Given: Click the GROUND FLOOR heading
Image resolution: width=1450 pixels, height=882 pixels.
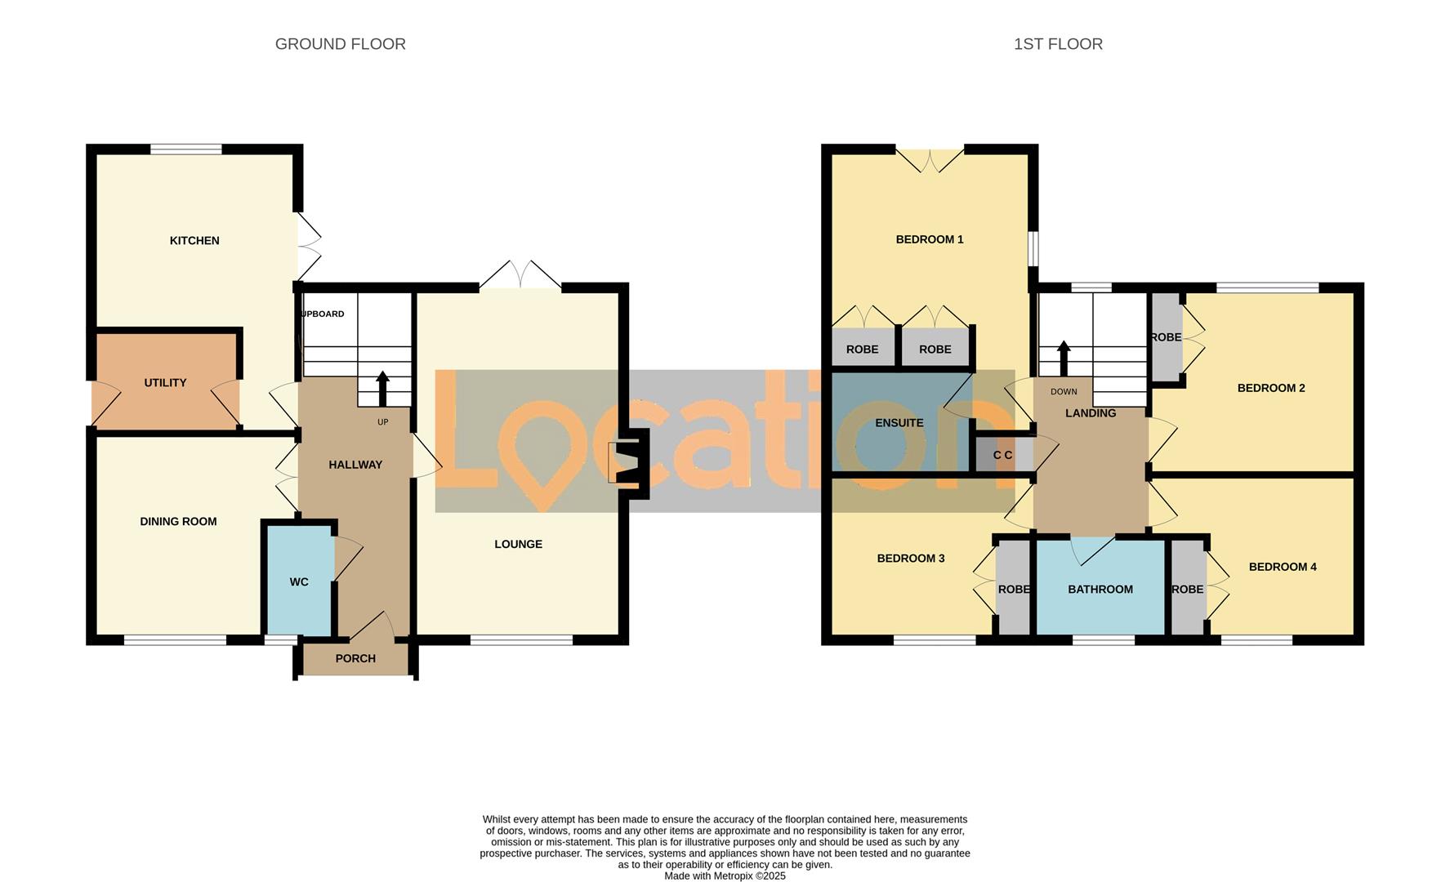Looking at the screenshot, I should coord(340,44).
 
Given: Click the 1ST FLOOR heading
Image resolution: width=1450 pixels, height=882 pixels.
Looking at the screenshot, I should coord(1058,44).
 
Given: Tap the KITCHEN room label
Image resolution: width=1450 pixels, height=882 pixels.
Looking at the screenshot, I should coord(194,241).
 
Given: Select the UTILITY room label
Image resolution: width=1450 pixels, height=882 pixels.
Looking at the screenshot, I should coord(165,383).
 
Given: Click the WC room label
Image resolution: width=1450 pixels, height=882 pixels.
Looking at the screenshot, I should coord(299,582).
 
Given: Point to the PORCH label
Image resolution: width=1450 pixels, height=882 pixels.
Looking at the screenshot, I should coord(355,659).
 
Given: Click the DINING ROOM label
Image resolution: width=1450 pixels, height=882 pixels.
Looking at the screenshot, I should coord(178,522).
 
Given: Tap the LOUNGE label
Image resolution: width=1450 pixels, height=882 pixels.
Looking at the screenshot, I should coord(518,545).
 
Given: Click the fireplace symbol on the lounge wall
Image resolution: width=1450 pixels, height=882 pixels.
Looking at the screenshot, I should coord(627,463).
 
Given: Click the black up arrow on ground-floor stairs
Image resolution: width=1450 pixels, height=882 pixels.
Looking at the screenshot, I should coord(382,389).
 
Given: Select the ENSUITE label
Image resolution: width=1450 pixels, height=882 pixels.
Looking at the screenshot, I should coord(899,423).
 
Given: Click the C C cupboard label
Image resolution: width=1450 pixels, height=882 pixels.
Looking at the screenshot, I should coord(1002,456).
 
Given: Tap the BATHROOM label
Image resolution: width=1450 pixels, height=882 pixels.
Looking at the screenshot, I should coord(1100,590).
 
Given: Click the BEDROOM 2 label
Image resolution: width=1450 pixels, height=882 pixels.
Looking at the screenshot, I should coord(1270,389).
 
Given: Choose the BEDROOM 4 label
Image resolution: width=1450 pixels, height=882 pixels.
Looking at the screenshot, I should coord(1282,568).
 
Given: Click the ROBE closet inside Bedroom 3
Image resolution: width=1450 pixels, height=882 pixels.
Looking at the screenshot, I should coord(1014,590).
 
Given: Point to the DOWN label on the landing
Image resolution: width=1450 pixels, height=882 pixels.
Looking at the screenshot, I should coord(1064,392).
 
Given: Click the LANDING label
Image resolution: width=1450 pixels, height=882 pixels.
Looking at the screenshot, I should coord(1090,414).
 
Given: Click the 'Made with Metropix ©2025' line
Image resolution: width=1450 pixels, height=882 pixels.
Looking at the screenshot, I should coord(725,875).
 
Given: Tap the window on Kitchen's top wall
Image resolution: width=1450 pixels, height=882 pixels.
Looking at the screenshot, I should coord(185,149).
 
